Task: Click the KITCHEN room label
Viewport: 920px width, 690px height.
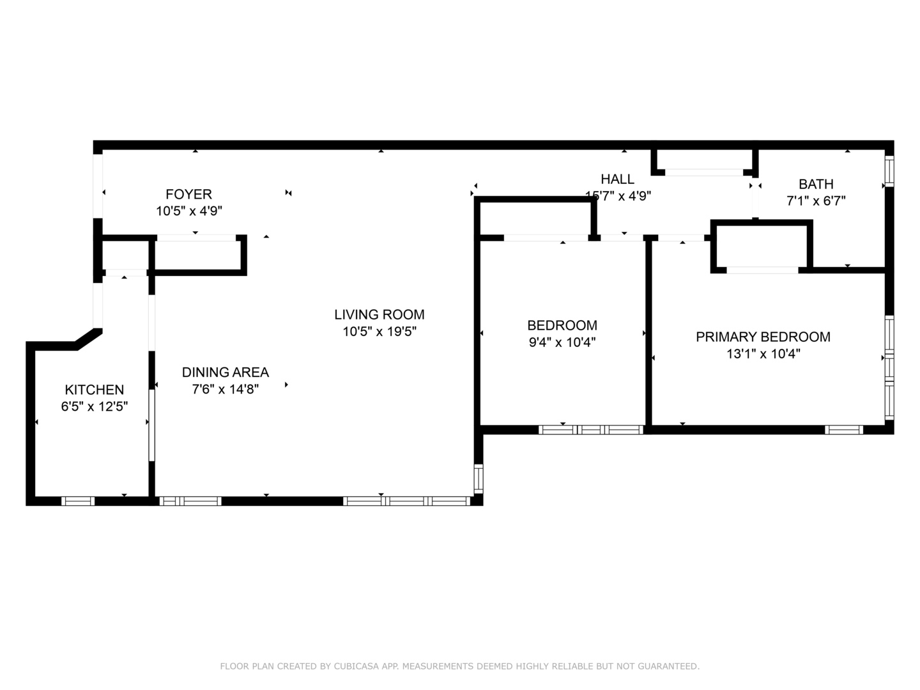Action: coord(95,390)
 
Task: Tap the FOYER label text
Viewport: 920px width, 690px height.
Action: coord(188,194)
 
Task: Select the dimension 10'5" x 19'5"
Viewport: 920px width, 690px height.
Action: coord(379,332)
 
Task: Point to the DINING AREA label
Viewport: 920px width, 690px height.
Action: coord(226,372)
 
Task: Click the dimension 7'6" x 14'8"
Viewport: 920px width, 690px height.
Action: coord(226,389)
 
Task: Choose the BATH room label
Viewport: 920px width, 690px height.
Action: coord(816,184)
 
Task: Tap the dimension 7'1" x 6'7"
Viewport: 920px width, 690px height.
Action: coord(816,201)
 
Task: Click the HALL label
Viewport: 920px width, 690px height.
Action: coord(617,180)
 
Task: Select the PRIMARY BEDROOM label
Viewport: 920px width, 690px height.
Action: coord(763,337)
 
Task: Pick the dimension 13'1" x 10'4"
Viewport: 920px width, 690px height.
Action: coord(763,354)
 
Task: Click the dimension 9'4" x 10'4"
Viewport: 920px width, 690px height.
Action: coord(562,342)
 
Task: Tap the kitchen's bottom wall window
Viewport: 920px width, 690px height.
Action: coord(78,501)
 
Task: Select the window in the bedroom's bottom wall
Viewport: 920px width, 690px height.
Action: coord(591,430)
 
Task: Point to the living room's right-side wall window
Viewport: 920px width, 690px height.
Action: coord(478,479)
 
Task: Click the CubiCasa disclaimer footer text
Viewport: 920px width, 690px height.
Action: coord(459,666)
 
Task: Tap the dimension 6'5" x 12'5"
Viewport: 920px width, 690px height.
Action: coord(95,406)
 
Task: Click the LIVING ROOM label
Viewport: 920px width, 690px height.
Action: coord(379,314)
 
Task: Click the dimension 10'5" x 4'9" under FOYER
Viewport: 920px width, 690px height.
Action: coord(188,211)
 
